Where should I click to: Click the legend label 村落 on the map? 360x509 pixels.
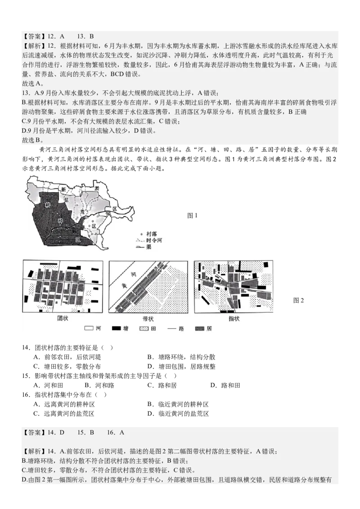pos(151,234)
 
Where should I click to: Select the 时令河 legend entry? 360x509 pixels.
pos(153,241)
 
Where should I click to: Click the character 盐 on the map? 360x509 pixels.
pos(67,198)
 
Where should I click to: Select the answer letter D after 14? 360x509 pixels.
pos(62,433)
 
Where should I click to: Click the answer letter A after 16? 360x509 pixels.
pos(122,433)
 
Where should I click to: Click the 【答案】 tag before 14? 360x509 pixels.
pos(33,433)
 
